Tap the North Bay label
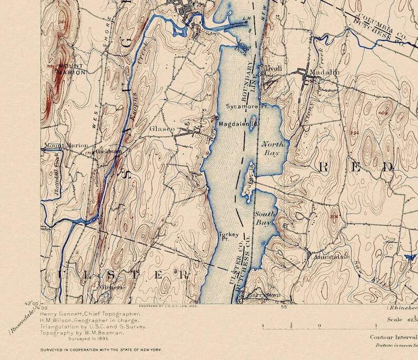point(273,148)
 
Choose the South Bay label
point(264,218)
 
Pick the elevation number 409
point(383,113)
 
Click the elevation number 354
point(353,133)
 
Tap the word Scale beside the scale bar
point(395,319)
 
